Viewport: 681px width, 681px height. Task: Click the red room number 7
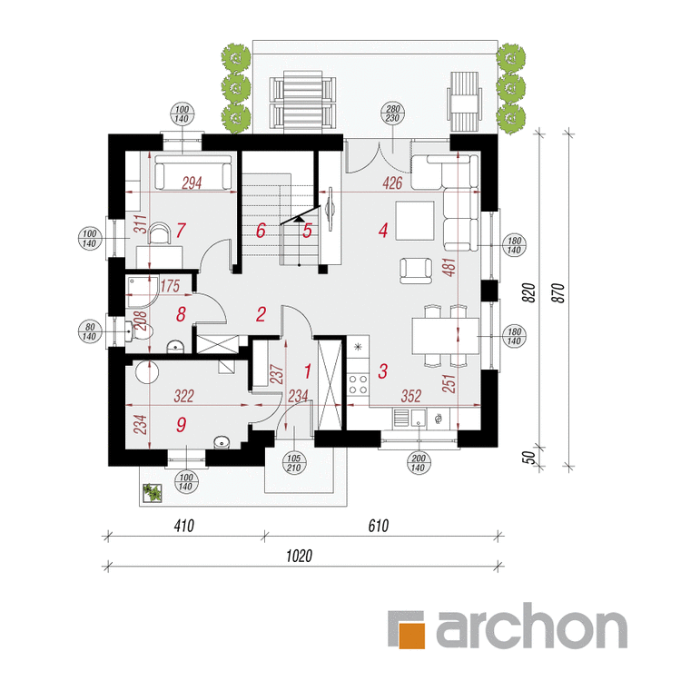coord(181,231)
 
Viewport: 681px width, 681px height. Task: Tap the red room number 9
coord(181,424)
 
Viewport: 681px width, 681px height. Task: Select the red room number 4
coord(382,231)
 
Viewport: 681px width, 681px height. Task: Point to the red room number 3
coord(382,371)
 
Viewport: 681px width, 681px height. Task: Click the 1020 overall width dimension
coord(300,556)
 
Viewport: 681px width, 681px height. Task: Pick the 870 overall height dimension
coord(560,293)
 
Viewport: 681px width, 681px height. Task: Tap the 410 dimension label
coord(183,526)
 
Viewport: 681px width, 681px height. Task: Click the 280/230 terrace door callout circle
coord(392,113)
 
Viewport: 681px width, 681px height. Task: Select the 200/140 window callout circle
coord(418,463)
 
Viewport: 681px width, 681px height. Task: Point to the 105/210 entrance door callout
coord(294,463)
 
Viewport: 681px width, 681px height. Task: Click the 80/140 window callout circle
coord(89,331)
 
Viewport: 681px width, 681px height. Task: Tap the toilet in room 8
coord(139,332)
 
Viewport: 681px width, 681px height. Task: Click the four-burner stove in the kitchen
coord(359,384)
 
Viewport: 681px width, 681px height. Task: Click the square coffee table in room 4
coord(414,221)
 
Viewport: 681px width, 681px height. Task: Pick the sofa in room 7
coord(192,173)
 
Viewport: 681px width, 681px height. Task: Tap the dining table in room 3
coord(445,336)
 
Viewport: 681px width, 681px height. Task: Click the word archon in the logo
coord(531,628)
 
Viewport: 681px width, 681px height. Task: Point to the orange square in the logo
coord(411,636)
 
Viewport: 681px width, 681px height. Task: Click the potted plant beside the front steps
coord(153,493)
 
